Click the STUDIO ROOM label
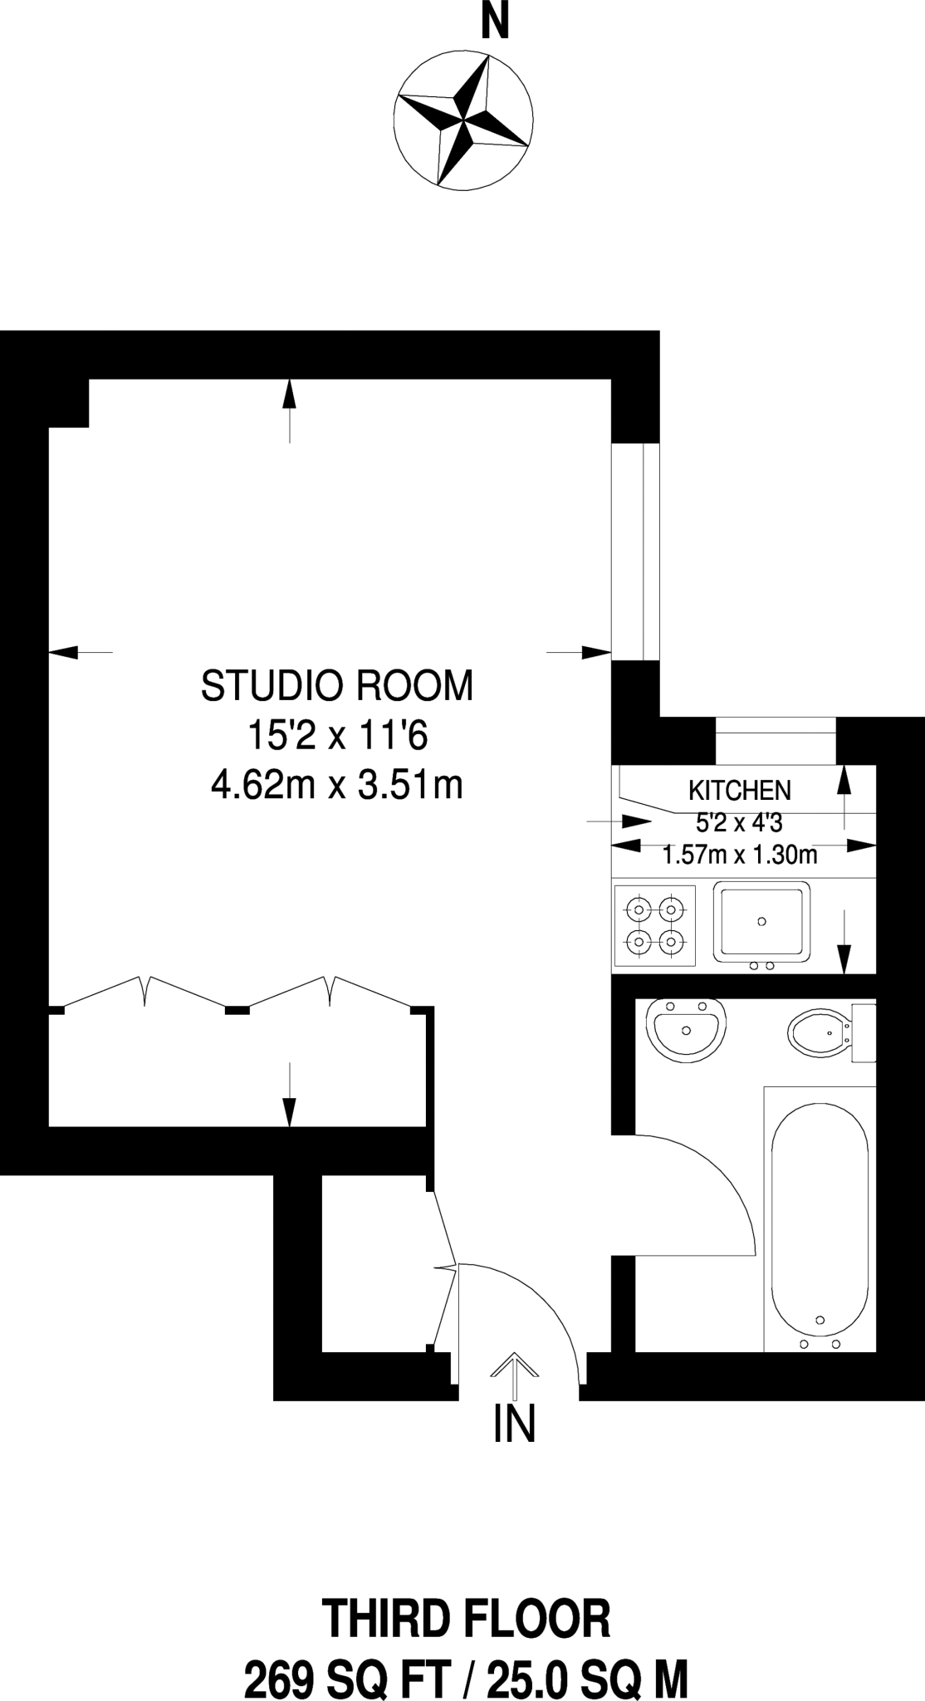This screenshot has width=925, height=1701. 337,686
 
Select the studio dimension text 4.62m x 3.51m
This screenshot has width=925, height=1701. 337,785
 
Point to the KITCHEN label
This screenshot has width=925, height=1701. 739,790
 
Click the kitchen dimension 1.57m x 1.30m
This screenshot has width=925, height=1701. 739,855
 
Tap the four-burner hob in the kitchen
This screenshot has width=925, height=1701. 654,926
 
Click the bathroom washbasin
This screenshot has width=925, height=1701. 686,1029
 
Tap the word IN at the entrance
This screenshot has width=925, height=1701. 514,1424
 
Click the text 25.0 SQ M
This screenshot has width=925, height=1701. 586,1676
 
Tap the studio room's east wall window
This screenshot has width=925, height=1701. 635,552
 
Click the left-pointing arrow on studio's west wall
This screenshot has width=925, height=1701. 80,652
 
